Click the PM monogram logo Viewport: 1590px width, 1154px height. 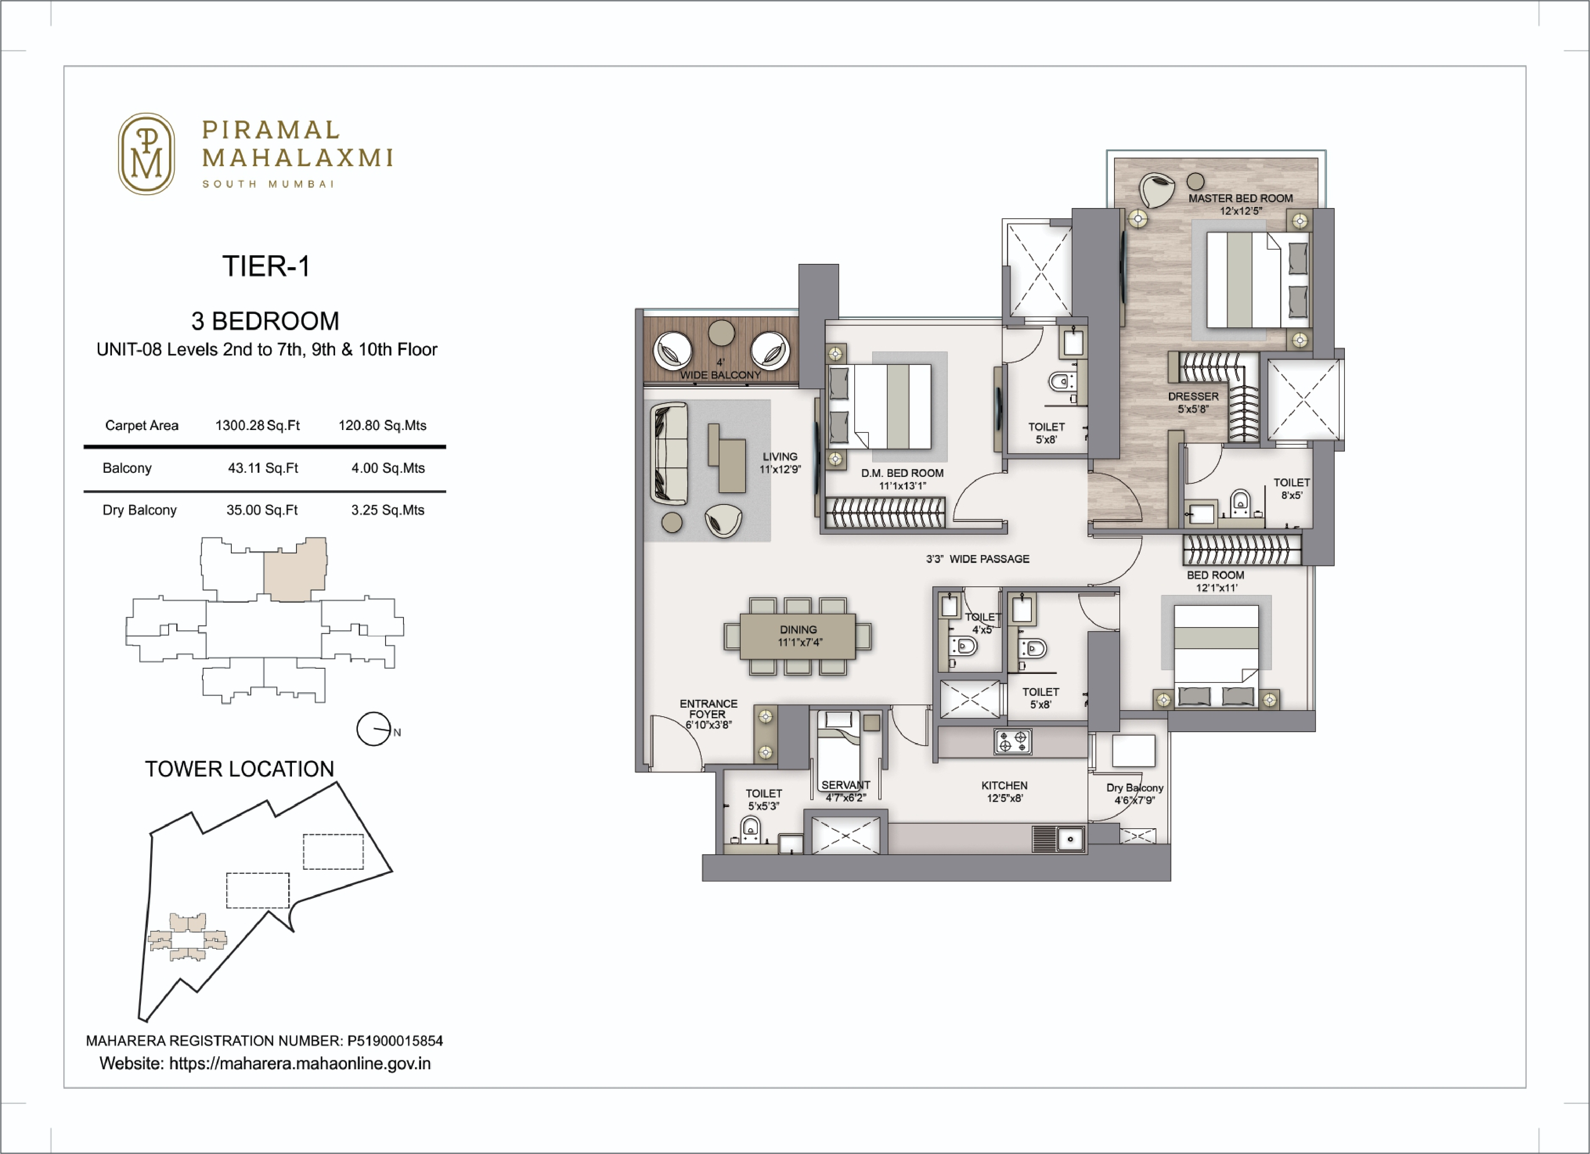(x=146, y=154)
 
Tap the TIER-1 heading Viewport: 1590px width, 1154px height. (x=266, y=266)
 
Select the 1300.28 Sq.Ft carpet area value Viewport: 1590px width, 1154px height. (x=257, y=426)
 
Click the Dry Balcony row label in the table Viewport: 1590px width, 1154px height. (x=140, y=510)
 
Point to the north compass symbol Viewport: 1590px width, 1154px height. (x=374, y=729)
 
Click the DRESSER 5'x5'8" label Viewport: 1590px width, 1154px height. (x=1193, y=402)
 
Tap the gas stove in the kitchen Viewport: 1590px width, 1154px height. (x=1012, y=742)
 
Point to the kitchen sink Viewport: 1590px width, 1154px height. (x=1070, y=838)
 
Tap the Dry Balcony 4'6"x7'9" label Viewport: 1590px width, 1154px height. (x=1134, y=794)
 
